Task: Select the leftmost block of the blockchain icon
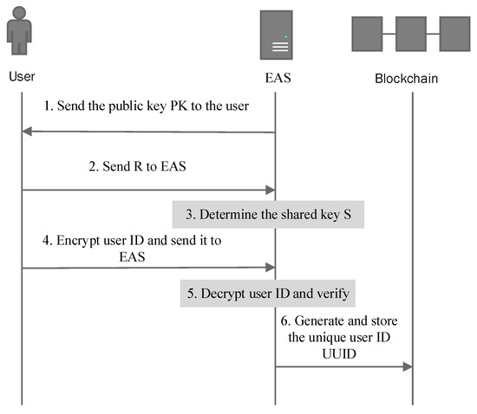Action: (x=368, y=33)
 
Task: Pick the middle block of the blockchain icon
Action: (x=412, y=33)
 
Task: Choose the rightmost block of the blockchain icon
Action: (x=455, y=33)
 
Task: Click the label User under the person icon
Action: (x=22, y=77)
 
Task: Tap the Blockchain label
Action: (x=406, y=79)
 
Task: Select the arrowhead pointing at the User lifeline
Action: (x=28, y=132)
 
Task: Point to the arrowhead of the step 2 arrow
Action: (x=270, y=190)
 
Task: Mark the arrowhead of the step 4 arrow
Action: (x=270, y=268)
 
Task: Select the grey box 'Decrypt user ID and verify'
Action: (x=268, y=294)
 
